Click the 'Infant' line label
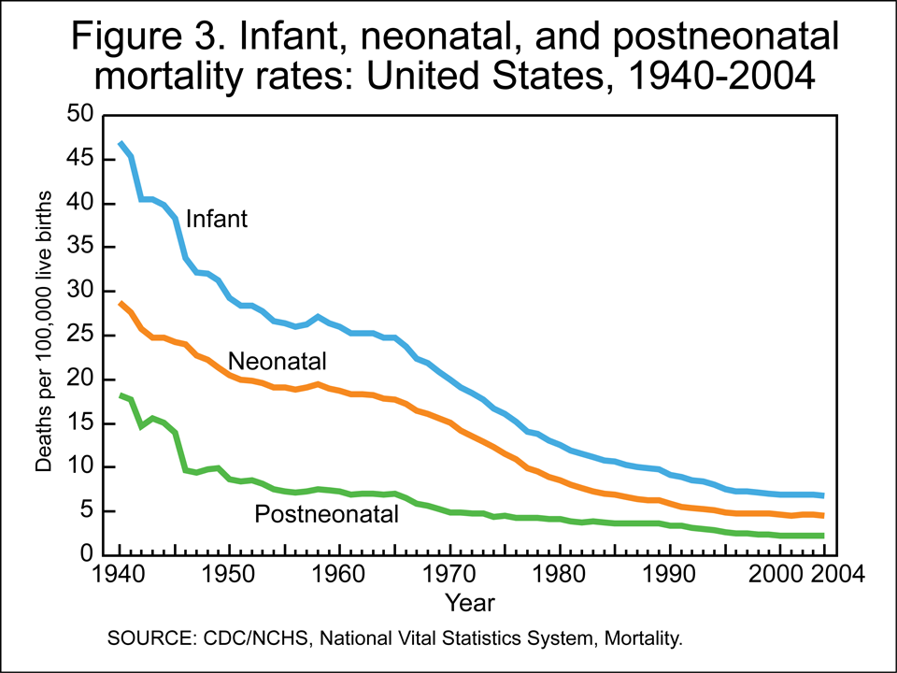216,220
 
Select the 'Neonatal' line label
269,361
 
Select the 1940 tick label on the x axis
121,572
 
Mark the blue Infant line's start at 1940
121,142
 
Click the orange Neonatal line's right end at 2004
822,516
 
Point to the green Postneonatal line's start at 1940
121,394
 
